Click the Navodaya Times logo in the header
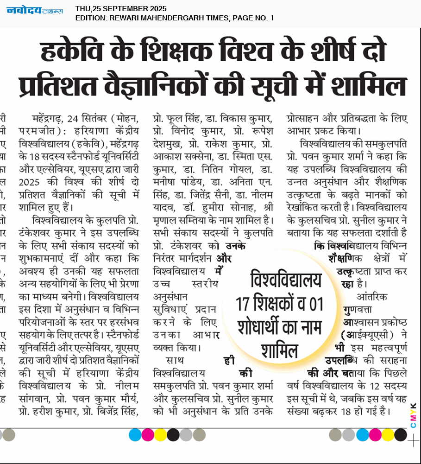35,10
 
